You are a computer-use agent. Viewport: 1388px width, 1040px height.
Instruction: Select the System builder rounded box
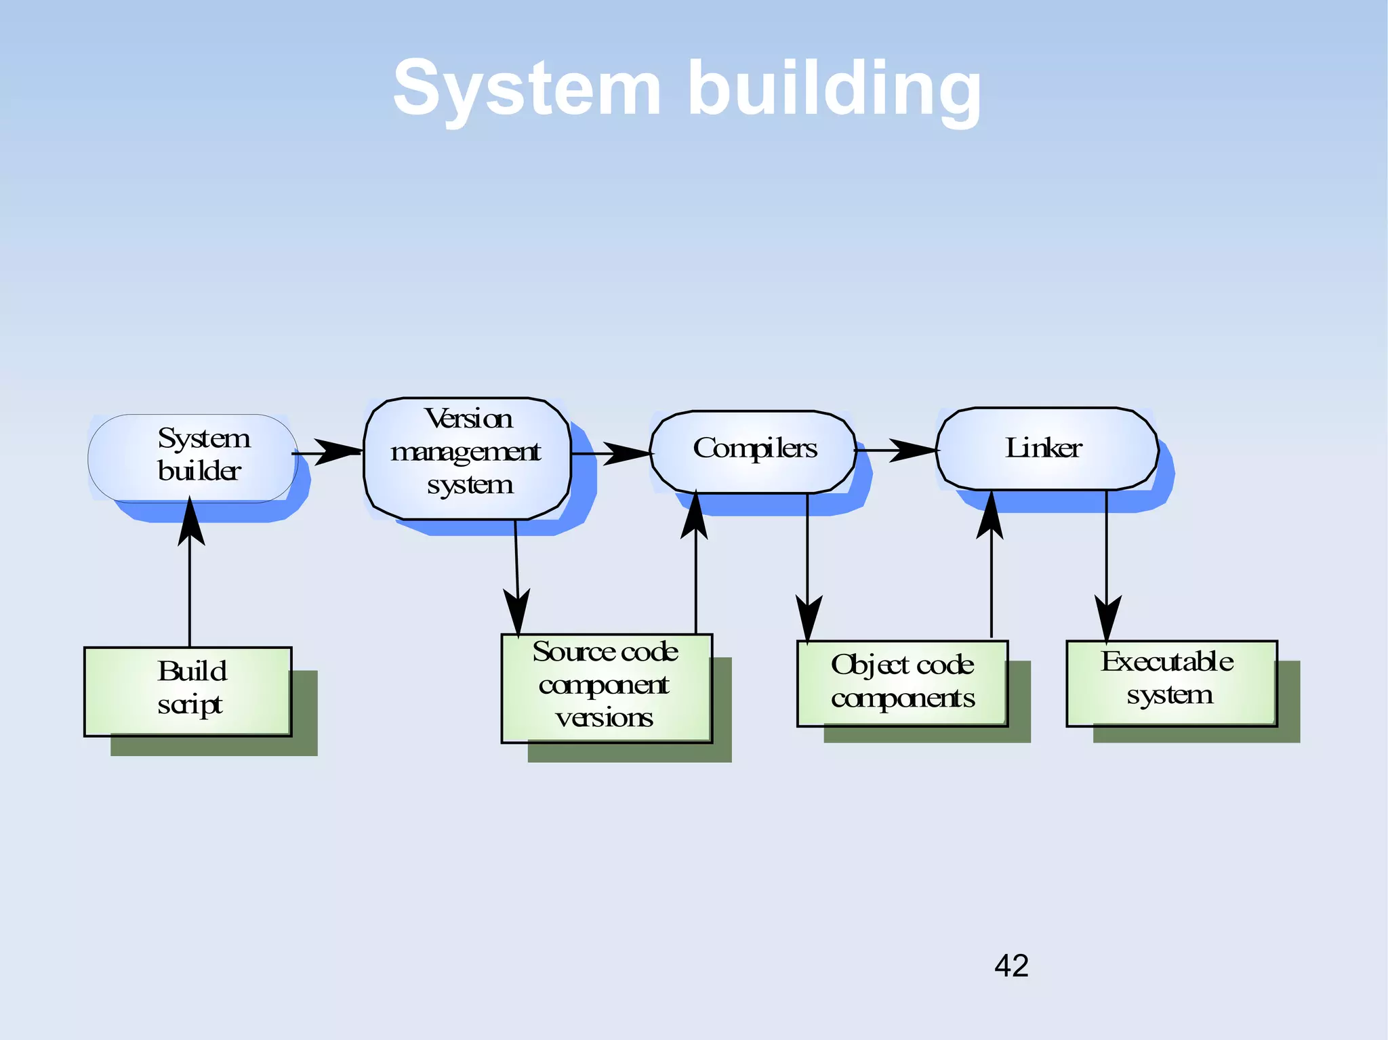(193, 457)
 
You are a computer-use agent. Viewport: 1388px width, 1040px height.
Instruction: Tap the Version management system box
(467, 458)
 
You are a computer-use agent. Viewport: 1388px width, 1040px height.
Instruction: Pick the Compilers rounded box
(752, 451)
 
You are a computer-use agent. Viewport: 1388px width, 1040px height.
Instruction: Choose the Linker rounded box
(1046, 448)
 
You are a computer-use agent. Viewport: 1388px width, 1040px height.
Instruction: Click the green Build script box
(188, 691)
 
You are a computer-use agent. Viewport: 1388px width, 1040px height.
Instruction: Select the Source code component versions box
(606, 688)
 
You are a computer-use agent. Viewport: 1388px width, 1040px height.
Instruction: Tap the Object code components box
(902, 683)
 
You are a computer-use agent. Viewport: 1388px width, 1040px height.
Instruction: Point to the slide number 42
(1011, 965)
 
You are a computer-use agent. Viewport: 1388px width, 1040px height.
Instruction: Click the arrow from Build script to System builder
(190, 576)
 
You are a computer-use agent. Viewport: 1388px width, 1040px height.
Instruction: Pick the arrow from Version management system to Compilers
(611, 453)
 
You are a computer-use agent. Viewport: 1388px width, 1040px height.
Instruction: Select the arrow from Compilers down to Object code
(807, 569)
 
